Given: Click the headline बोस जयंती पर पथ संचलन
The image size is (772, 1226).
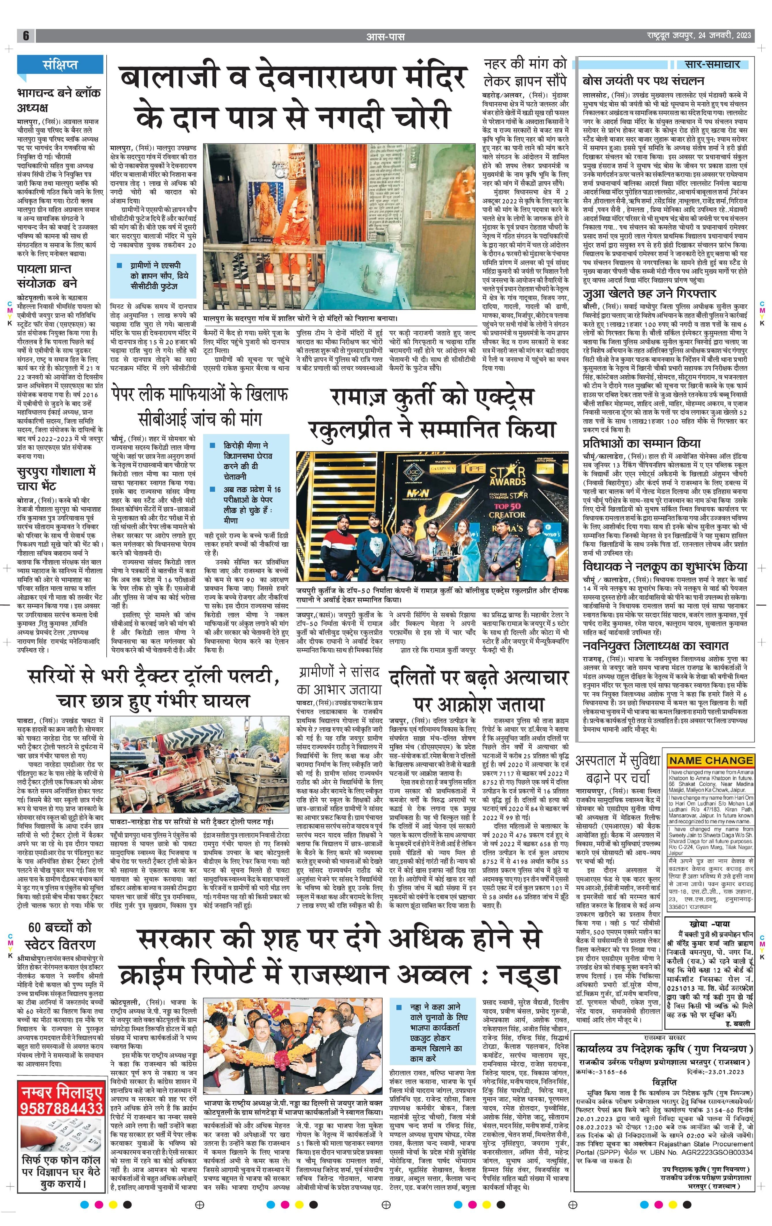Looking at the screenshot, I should (643, 81).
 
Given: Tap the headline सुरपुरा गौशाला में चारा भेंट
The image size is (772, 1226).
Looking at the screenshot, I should (56, 478).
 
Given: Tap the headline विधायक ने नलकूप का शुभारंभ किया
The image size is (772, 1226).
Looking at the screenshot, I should (665, 567).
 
